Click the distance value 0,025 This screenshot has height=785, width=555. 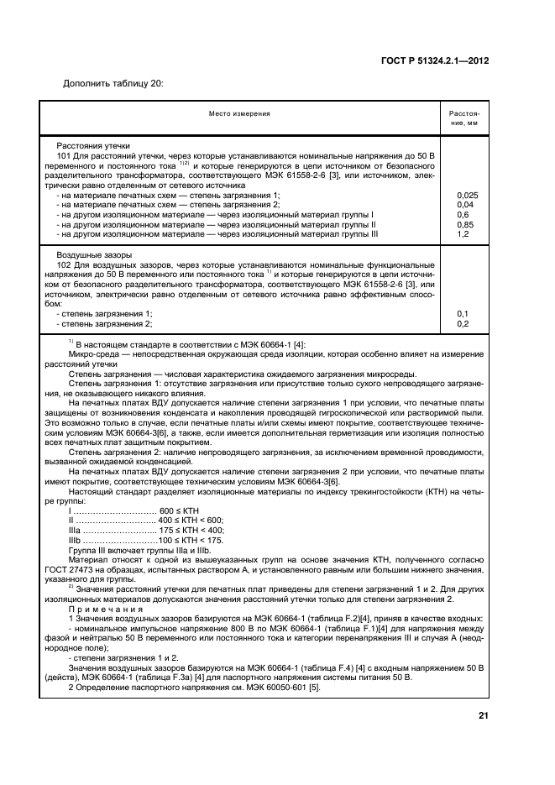click(467, 195)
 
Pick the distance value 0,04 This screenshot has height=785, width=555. click(465, 204)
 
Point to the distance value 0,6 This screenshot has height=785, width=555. click(463, 214)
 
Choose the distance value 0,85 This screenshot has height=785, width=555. click(465, 224)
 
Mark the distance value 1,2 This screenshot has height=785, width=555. click(463, 233)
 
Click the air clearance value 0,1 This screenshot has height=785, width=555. click(463, 313)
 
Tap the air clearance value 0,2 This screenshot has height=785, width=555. click(463, 323)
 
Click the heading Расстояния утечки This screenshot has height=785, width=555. click(92, 145)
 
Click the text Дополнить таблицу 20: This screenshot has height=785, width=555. click(113, 82)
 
